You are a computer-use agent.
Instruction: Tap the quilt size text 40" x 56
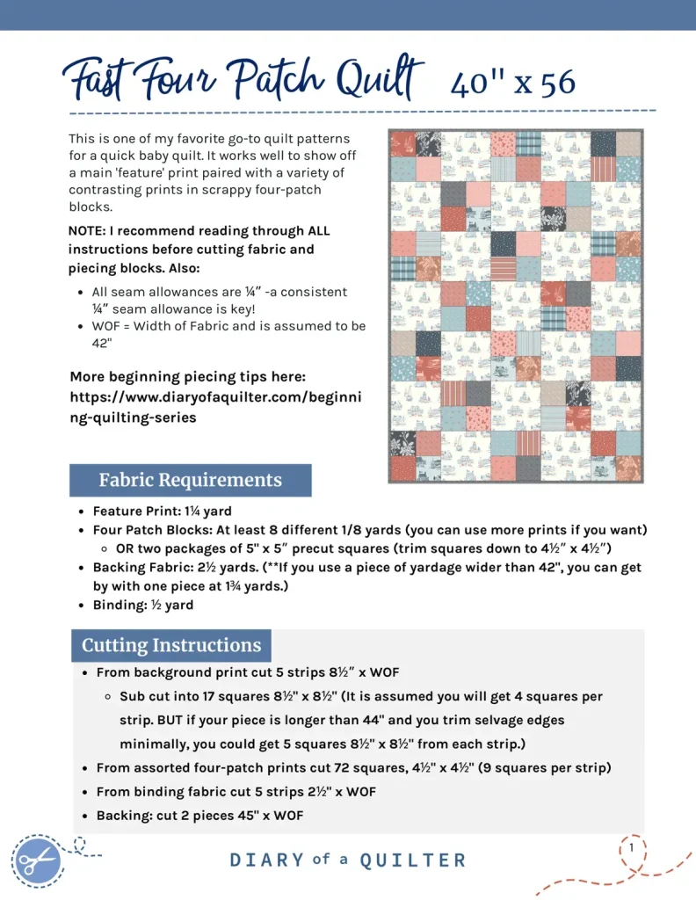pos(513,83)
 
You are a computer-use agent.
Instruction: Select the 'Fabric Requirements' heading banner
pos(190,480)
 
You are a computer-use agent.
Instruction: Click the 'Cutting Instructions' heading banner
pos(171,645)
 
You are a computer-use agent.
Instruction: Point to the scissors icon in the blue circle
pos(38,859)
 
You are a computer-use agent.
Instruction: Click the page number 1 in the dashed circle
pos(631,847)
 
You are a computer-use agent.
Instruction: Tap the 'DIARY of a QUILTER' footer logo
pos(348,860)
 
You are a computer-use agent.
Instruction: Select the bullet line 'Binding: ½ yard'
pos(143,605)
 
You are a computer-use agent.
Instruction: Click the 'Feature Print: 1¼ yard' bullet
pos(161,511)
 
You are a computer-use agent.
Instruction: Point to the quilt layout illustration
pos(517,307)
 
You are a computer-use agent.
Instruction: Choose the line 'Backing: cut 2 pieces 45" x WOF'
pos(199,816)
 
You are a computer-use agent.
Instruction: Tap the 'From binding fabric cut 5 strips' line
pos(236,792)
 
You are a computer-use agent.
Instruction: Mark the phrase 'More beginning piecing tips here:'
pos(187,377)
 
